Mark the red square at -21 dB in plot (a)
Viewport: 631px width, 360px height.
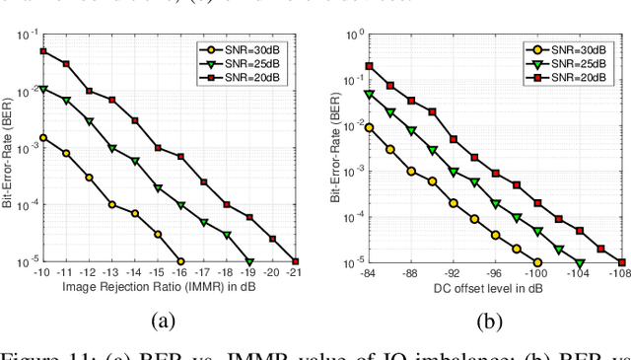296,261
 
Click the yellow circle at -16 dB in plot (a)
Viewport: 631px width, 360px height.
180,261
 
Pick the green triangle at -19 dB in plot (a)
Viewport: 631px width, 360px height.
249,261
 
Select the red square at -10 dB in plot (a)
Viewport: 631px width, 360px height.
42,50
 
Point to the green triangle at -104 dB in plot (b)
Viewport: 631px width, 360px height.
580,262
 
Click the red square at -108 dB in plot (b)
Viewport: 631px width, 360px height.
621,262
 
